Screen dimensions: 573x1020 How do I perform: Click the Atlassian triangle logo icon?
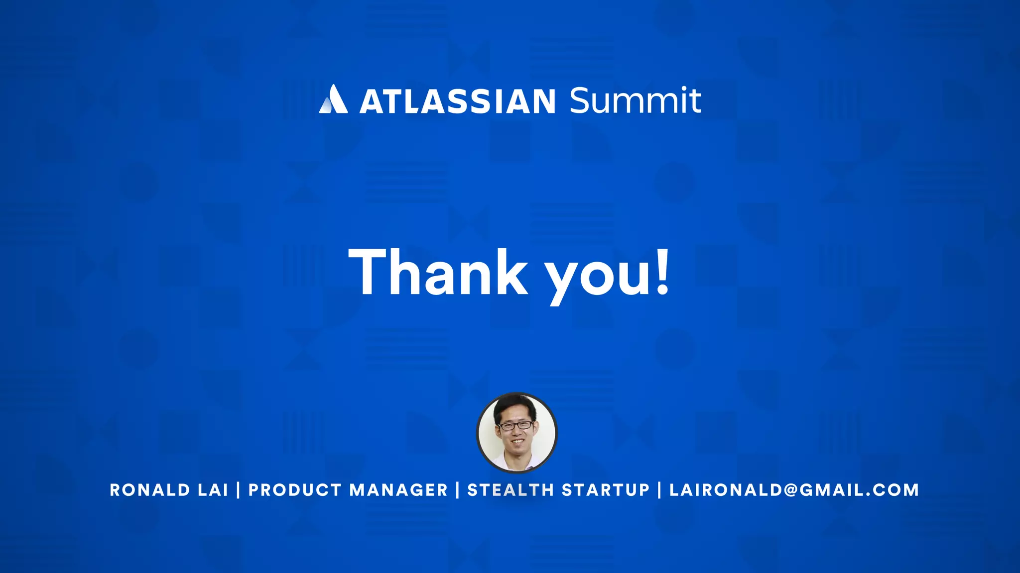coord(333,100)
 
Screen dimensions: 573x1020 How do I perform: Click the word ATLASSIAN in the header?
coord(457,101)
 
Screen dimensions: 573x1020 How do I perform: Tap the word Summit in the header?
coord(635,100)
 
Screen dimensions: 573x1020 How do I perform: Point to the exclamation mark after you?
coord(663,272)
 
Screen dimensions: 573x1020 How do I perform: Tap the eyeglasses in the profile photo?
coord(516,426)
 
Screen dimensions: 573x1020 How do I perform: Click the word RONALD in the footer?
coord(150,490)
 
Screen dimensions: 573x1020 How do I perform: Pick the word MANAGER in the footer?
coord(398,490)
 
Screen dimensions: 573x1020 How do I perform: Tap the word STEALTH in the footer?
coord(510,490)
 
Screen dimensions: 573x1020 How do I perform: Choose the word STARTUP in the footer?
coord(606,490)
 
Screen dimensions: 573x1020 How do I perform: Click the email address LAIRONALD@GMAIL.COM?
coord(794,490)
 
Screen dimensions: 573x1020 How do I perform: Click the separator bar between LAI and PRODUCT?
coord(238,490)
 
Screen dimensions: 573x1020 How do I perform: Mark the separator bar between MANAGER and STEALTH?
coord(457,490)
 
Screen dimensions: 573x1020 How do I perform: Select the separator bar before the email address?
coord(659,490)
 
